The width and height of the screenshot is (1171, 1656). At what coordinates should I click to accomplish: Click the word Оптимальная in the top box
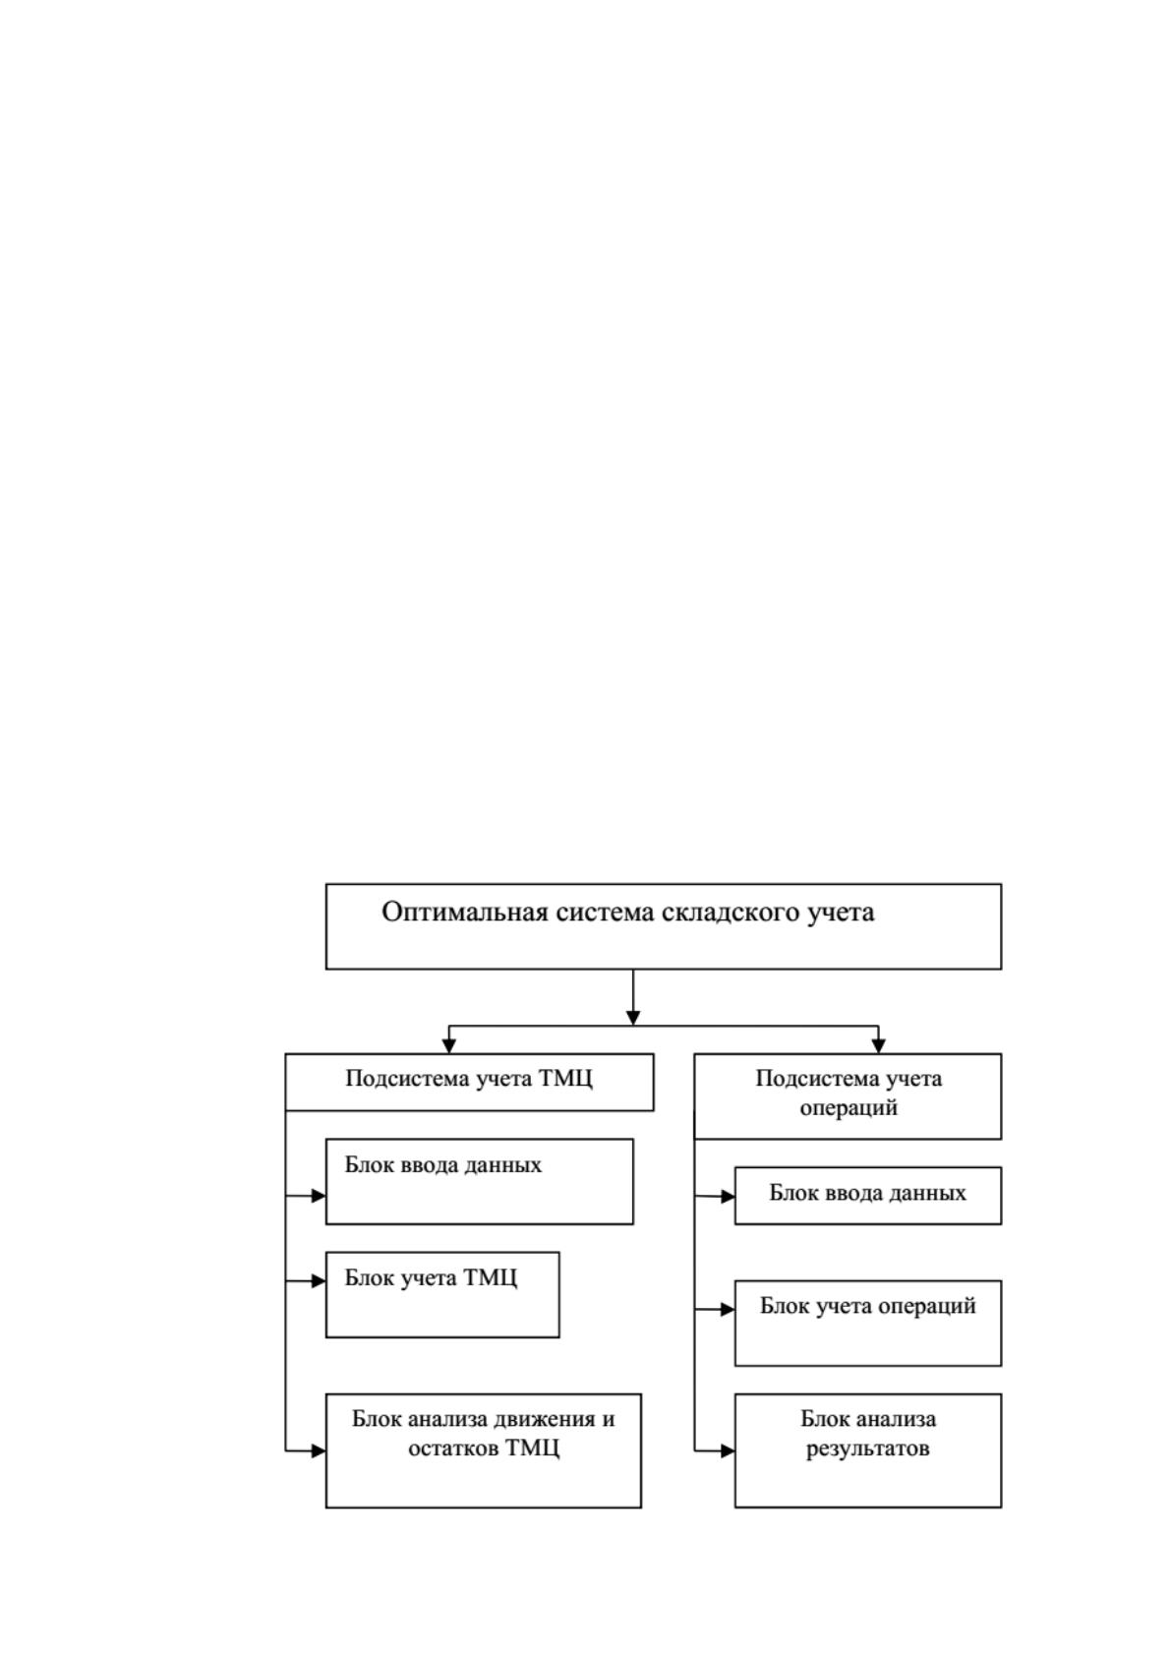[466, 913]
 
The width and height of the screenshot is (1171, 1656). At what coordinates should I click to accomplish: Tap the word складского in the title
[732, 913]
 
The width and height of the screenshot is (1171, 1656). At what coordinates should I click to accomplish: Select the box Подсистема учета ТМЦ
[469, 1082]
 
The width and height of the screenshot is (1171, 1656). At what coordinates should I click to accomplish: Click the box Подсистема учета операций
[848, 1095]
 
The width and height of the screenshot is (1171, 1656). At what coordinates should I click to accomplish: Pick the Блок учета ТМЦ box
[442, 1294]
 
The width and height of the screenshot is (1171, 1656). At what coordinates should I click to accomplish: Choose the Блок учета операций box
[868, 1323]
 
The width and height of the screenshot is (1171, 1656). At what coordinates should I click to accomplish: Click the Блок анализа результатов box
[868, 1450]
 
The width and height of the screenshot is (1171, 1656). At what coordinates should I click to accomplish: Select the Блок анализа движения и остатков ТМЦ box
[484, 1450]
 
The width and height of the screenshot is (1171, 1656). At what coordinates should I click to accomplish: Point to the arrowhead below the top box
[633, 1018]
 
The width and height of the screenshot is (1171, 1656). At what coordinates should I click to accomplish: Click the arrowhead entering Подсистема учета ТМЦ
[448, 1046]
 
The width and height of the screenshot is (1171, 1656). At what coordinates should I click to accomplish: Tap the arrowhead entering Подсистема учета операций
[878, 1046]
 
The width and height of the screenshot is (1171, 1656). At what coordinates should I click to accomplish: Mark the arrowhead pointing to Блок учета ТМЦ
[319, 1280]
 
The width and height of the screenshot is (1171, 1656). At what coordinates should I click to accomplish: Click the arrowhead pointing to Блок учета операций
[728, 1309]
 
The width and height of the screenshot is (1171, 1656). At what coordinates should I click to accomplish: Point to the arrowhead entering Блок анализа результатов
[728, 1450]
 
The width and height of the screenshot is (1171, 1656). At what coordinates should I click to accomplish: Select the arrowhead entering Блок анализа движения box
[319, 1450]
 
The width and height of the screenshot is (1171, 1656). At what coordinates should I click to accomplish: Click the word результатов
[867, 1449]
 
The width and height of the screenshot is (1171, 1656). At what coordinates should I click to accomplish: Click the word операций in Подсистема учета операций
[849, 1108]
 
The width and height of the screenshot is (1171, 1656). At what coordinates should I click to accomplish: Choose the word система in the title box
[606, 913]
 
